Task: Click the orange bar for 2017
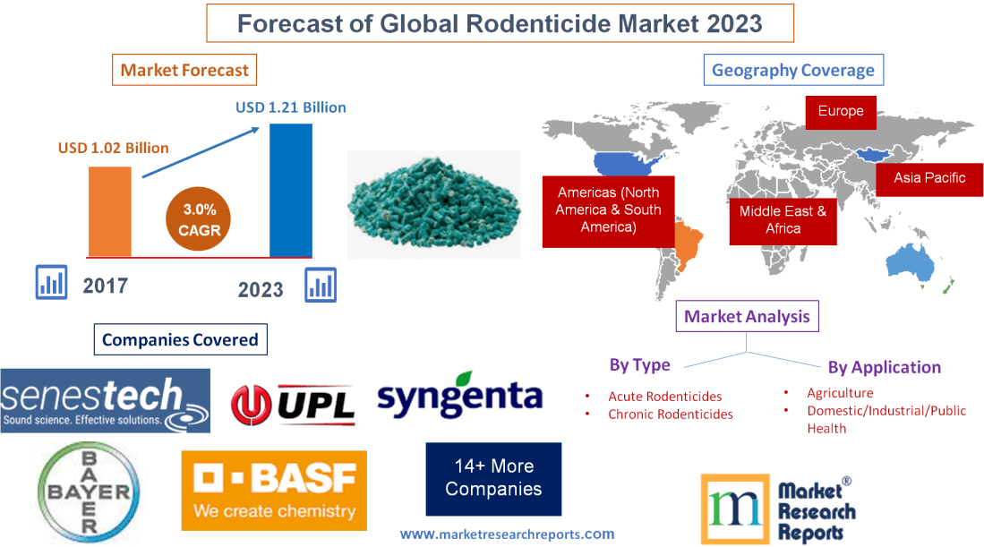click(x=109, y=211)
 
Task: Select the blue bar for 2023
click(x=291, y=190)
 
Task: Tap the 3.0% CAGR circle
click(x=197, y=219)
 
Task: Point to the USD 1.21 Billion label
click(x=290, y=107)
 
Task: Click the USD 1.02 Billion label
click(x=114, y=148)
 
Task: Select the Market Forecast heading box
click(x=184, y=70)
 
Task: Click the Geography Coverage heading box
click(x=792, y=70)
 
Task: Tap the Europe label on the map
click(x=840, y=112)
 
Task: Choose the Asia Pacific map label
click(x=928, y=177)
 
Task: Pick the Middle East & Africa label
click(x=783, y=219)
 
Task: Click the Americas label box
click(x=608, y=210)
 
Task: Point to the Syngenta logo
click(x=459, y=396)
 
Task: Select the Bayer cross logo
click(x=89, y=492)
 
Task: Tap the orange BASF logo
click(x=273, y=490)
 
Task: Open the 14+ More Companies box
click(x=493, y=478)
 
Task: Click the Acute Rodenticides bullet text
click(x=664, y=396)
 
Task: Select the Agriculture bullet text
click(x=839, y=392)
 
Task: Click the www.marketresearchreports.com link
click(x=507, y=534)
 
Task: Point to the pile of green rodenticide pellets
click(x=433, y=204)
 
